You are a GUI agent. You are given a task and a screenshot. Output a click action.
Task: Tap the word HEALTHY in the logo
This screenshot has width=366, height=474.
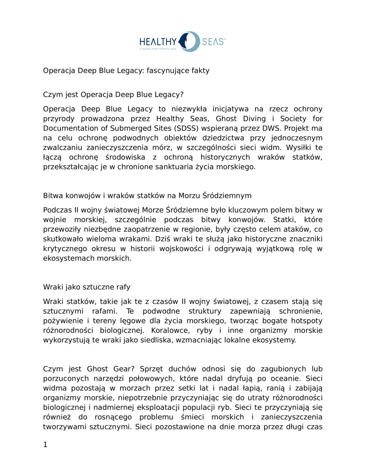coord(158,41)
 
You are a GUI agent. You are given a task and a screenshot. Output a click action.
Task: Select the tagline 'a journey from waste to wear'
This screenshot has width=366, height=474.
coord(158,49)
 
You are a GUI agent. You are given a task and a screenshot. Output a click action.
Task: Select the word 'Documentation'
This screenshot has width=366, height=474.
coord(68,128)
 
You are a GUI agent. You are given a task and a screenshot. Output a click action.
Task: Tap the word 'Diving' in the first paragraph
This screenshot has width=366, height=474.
coord(254,119)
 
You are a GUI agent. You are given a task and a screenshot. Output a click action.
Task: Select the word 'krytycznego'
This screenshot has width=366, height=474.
coord(65,249)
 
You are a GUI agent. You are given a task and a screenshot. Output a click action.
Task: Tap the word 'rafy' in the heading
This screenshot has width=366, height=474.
coord(123,287)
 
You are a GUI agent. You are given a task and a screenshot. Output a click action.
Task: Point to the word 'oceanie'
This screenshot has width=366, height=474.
coord(288,378)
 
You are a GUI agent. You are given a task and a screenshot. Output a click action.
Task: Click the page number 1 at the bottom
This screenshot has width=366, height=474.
coord(45,445)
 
